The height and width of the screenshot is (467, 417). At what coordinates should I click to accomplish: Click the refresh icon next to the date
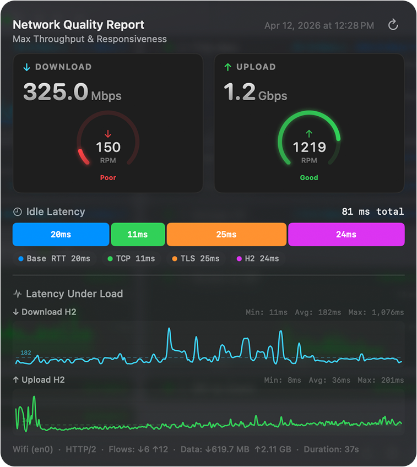tap(393, 25)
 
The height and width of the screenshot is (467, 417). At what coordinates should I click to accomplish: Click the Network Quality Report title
tap(78, 25)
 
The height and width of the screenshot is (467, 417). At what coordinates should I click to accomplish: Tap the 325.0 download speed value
tap(56, 92)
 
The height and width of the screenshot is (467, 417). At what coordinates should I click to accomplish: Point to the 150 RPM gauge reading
tap(108, 147)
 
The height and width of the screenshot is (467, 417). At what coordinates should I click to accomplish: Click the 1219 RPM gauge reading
tap(309, 147)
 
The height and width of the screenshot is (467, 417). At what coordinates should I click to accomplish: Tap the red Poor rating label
tap(108, 178)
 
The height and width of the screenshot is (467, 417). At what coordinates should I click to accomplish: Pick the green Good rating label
tap(309, 178)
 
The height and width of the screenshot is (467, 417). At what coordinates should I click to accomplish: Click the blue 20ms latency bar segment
tap(61, 235)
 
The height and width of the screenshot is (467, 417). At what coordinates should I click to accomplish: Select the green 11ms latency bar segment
tap(138, 235)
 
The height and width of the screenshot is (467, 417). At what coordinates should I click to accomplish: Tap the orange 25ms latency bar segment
tap(226, 235)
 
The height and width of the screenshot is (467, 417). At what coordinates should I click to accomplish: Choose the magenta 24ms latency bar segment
tap(346, 235)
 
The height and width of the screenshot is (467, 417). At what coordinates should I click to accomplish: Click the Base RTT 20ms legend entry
tap(55, 259)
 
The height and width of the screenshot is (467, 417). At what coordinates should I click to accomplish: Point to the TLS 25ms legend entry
tap(196, 259)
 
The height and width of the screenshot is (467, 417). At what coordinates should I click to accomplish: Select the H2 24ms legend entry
tap(258, 259)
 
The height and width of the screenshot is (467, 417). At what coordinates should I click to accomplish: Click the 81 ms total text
tap(373, 212)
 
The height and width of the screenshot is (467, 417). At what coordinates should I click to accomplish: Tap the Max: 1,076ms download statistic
tap(376, 312)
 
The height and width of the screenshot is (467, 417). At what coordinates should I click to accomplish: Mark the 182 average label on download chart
tap(25, 352)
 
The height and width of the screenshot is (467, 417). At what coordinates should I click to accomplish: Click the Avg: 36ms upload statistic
tap(329, 381)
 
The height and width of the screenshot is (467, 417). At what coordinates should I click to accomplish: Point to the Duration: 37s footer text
tap(331, 449)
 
